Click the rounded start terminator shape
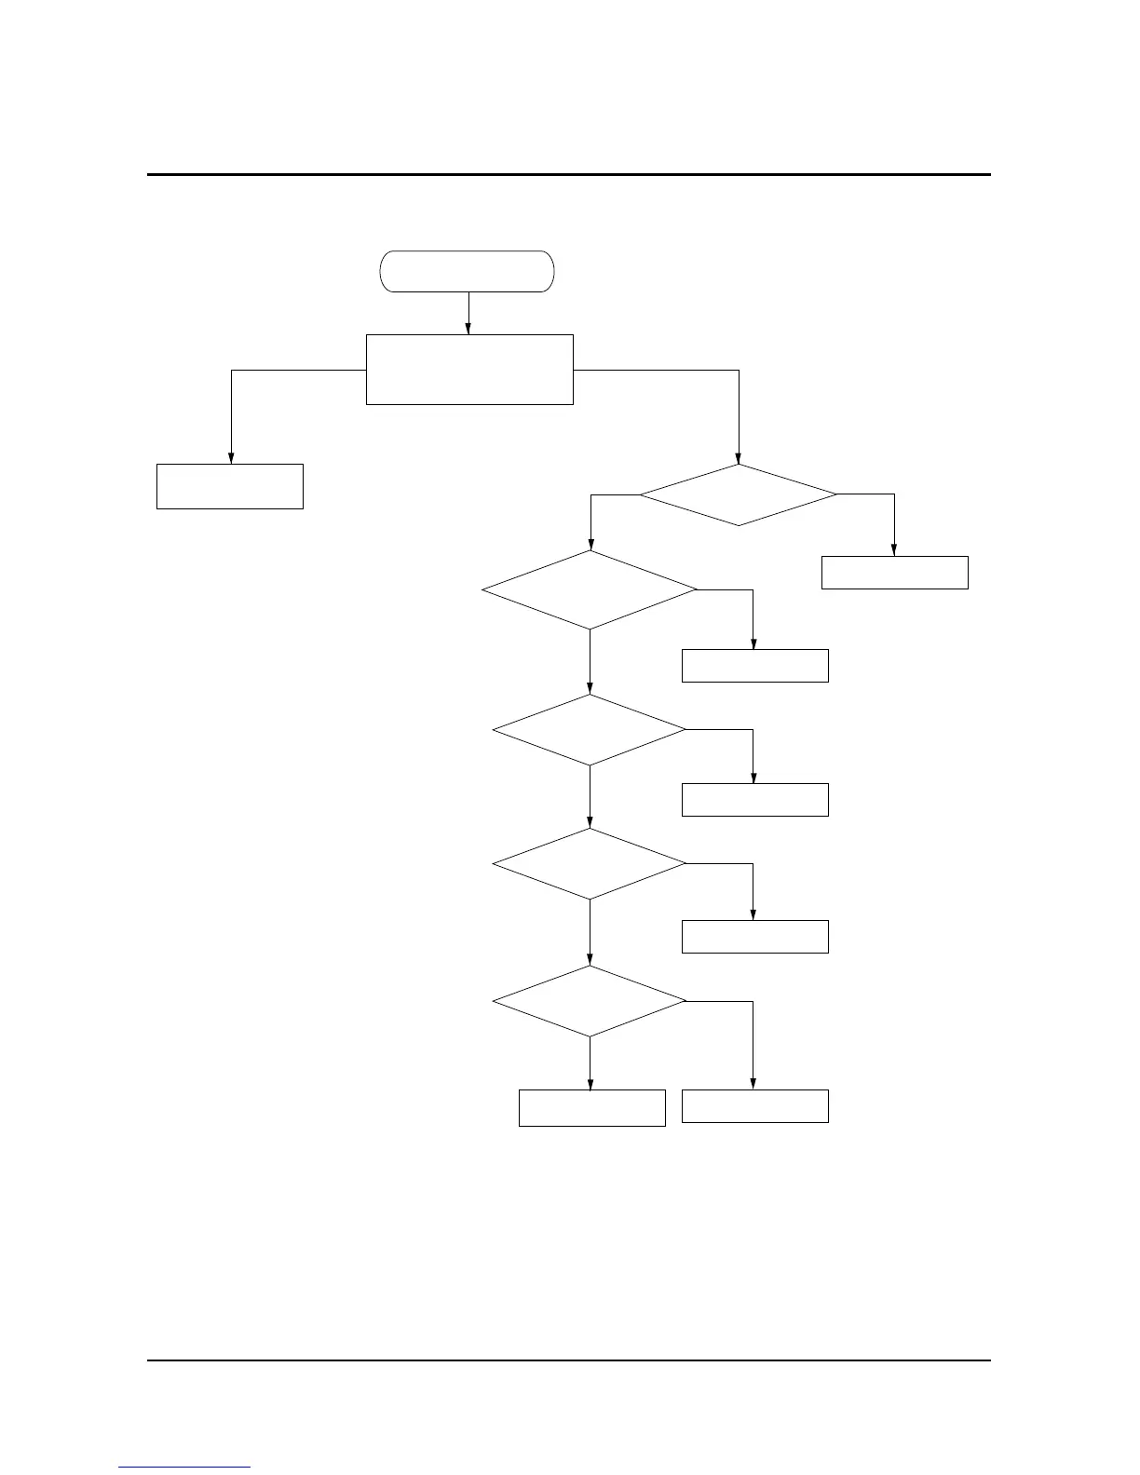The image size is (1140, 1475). coord(467,271)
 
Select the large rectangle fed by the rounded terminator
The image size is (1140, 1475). coord(469,369)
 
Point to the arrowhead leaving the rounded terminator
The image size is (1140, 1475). coord(468,328)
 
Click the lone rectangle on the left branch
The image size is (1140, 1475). coord(229,486)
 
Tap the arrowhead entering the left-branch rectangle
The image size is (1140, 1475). coord(231,457)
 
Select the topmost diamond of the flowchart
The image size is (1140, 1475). coord(738,494)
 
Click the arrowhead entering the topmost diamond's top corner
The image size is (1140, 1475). coord(739,458)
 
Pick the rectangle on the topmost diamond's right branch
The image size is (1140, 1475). coord(894,573)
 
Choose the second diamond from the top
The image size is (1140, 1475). coord(590,590)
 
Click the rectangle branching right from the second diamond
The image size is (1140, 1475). coord(754,666)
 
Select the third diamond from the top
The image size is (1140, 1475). coord(590,730)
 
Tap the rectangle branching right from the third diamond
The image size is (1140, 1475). coord(754,800)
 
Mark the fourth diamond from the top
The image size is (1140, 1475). coord(590,864)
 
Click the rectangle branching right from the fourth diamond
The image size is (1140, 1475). coord(754,936)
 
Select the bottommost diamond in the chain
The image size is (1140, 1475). coord(590,1001)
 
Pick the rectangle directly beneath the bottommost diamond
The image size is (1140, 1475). coord(591,1107)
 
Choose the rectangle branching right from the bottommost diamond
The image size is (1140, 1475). coord(754,1105)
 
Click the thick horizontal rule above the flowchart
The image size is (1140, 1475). coord(568,174)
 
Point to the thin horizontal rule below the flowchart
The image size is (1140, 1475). coord(568,1360)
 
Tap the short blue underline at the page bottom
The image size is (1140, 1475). coord(184,1467)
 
